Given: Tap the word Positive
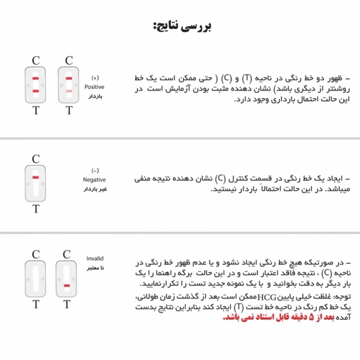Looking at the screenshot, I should point(94,87).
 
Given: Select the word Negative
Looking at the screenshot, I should point(94,180).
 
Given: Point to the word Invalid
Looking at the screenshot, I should point(95,259).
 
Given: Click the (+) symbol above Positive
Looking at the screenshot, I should point(94,78).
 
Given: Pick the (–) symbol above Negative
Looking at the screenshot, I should point(94,171).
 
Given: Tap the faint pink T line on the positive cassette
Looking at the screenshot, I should point(69,91).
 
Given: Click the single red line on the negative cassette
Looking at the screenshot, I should point(36,178).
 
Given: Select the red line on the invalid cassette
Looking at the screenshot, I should point(67,286).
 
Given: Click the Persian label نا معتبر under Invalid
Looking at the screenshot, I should point(95,269).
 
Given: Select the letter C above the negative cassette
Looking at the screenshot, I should point(36,159).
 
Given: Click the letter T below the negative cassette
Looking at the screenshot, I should point(36,209).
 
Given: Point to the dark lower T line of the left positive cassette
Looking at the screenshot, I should point(36,91).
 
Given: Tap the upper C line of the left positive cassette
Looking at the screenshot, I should point(36,79).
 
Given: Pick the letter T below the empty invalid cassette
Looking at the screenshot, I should point(36,305).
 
